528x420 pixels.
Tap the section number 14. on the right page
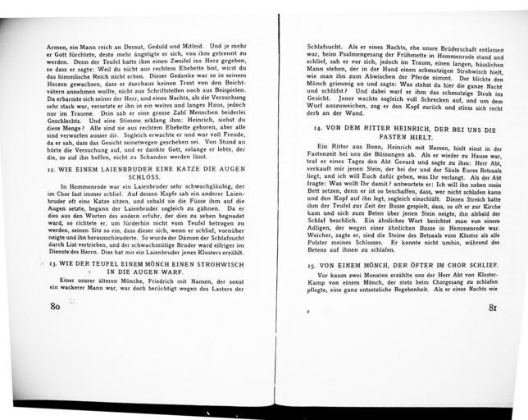(x=310, y=130)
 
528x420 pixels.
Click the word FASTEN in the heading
(x=380, y=139)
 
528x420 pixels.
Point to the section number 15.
(x=312, y=267)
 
